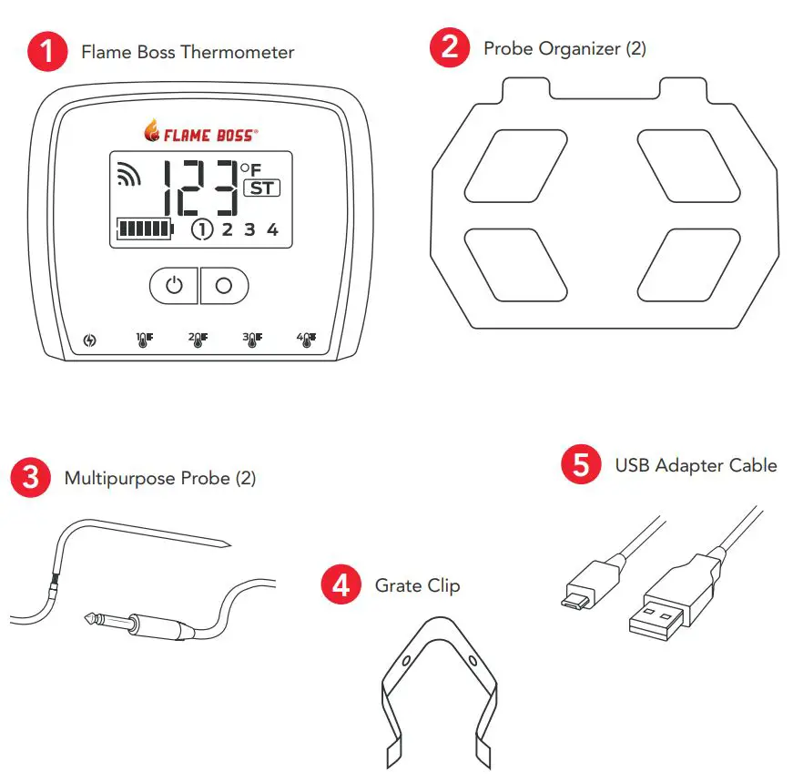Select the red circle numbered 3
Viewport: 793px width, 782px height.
click(30, 478)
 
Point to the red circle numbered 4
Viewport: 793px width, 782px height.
click(341, 584)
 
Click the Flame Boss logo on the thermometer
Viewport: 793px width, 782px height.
click(200, 134)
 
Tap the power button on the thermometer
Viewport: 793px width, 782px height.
click(174, 285)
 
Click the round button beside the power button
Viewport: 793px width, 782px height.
click(224, 285)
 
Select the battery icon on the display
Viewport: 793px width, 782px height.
click(144, 229)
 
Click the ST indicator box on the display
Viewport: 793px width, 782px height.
click(261, 189)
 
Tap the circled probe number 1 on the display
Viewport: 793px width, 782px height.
click(201, 229)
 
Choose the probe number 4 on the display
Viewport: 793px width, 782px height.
click(271, 229)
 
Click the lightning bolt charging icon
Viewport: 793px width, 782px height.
click(88, 341)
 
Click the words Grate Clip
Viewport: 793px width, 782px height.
click(417, 585)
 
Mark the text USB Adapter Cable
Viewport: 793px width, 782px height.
click(696, 465)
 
